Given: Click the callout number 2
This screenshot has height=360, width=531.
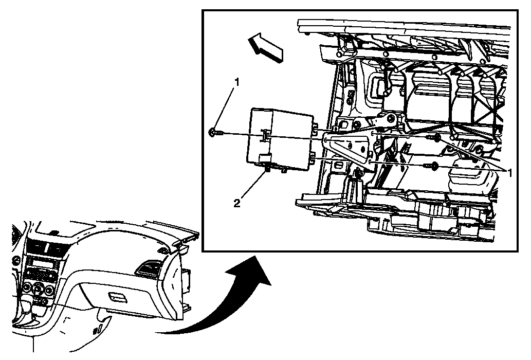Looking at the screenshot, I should pyautogui.click(x=236, y=203).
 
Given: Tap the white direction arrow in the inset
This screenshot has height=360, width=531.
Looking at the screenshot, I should pyautogui.click(x=265, y=47).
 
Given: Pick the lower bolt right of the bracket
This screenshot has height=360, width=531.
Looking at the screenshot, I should pyautogui.click(x=434, y=166).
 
